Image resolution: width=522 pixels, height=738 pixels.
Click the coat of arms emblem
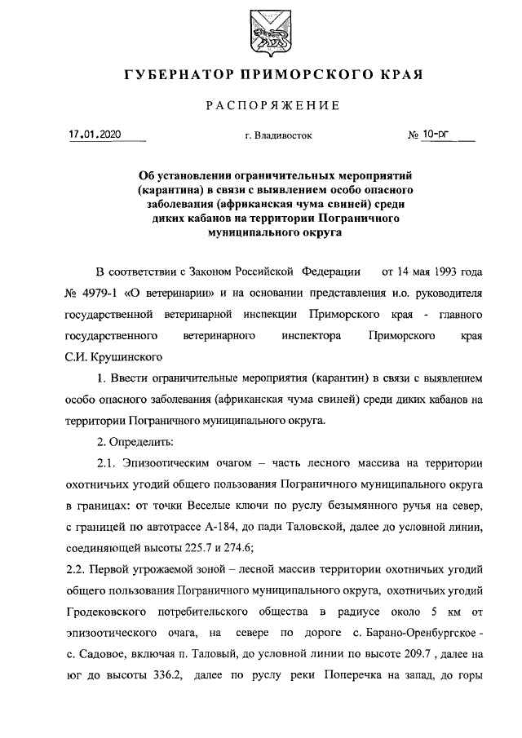pos(261,30)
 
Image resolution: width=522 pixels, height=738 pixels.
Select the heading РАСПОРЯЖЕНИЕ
pos(260,106)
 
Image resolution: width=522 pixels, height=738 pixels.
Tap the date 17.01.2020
pos(95,135)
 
